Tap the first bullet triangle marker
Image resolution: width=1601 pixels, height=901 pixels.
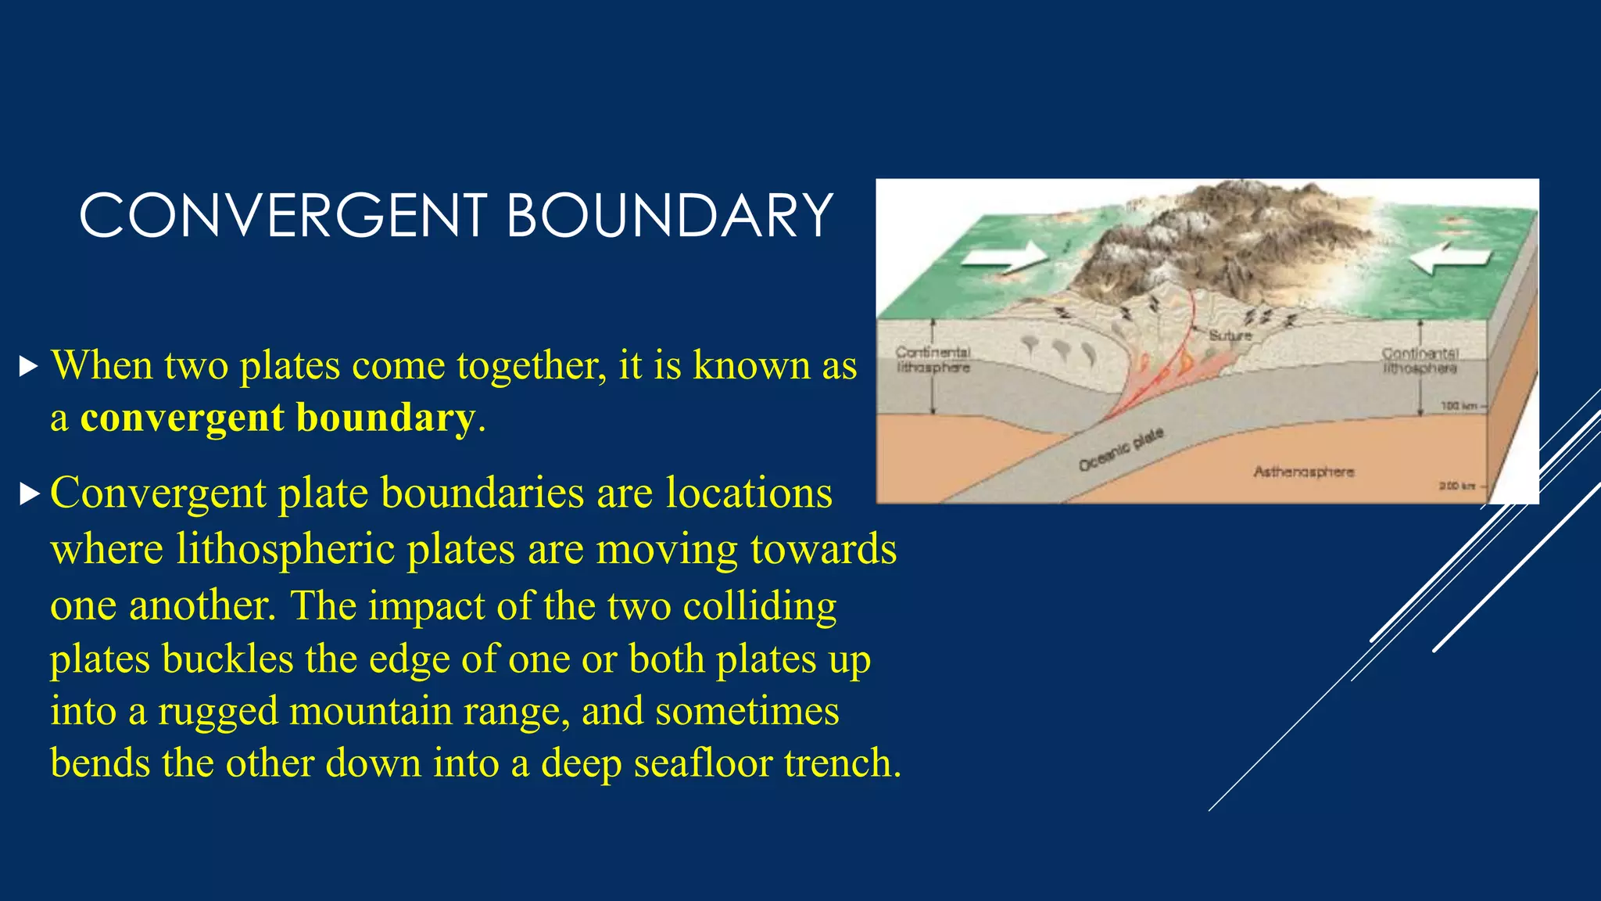[28, 366]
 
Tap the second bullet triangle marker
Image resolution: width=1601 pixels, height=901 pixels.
[28, 494]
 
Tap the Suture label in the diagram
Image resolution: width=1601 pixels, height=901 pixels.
[1230, 336]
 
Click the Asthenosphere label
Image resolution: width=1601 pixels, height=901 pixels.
[1303, 472]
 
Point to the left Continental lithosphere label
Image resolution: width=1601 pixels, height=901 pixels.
[933, 360]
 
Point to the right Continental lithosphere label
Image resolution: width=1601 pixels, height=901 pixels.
[1420, 361]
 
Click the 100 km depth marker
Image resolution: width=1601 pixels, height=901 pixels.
[1457, 406]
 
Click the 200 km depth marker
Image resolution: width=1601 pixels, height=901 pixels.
[1456, 486]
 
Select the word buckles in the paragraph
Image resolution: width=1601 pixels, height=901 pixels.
[227, 659]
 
